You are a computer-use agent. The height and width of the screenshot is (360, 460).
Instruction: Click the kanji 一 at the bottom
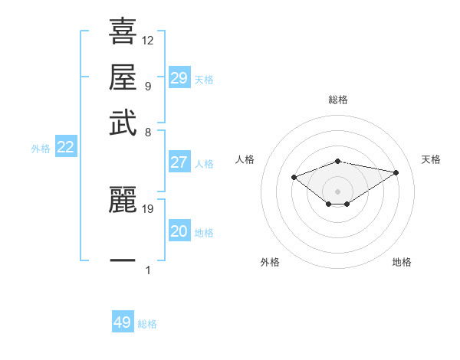123,261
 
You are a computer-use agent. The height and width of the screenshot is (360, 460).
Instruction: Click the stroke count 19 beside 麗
149,208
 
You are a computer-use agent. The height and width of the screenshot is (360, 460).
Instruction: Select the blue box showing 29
179,78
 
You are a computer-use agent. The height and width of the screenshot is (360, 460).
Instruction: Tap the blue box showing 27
179,162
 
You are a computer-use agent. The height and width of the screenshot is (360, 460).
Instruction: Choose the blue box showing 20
179,232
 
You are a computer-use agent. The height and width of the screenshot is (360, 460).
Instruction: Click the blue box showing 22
65,148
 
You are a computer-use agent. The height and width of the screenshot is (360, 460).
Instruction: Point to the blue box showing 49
123,322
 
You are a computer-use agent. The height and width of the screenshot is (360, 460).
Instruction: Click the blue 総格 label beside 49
147,324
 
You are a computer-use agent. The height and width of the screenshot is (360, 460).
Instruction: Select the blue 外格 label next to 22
41,149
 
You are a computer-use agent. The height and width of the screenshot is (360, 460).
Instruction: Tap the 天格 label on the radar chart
431,159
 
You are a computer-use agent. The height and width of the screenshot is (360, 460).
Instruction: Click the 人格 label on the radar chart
245,159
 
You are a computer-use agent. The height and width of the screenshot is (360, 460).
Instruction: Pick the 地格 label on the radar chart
402,262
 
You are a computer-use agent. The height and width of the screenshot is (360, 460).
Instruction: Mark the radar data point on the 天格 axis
396,172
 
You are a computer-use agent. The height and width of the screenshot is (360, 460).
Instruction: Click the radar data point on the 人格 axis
294,177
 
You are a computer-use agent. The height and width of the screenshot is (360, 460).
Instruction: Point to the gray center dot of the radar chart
338,191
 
